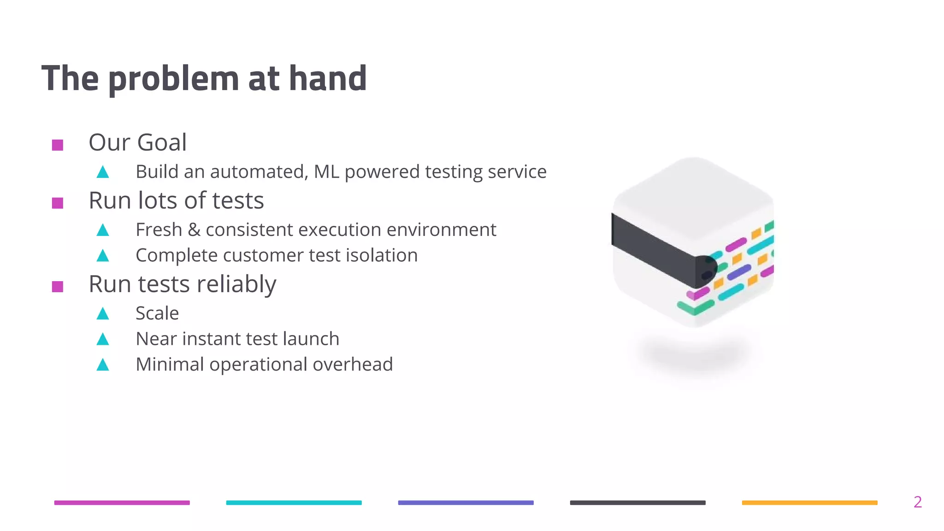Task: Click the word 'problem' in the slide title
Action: coord(173,79)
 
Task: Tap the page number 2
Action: coord(917,502)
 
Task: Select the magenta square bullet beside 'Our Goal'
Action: coord(58,145)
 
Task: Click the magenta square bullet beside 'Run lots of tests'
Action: coord(58,203)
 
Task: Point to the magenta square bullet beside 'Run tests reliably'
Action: coord(58,287)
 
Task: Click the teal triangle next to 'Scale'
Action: coord(103,314)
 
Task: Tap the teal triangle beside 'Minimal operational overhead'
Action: coord(103,365)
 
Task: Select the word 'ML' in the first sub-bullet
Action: coord(326,172)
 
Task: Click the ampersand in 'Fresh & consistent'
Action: coord(194,230)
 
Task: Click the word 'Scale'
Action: coord(157,313)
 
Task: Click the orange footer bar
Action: coord(809,502)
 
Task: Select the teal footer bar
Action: coord(294,502)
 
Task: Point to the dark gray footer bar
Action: coord(637,502)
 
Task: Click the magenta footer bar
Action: coord(122,502)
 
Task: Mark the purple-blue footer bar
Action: coord(466,502)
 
